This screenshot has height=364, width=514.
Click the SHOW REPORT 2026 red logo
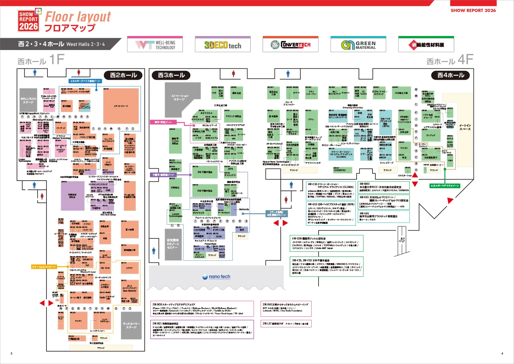point(29,21)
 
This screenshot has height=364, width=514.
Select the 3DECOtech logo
point(222,45)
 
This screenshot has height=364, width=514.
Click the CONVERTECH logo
point(290,45)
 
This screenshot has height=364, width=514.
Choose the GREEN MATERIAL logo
point(358,45)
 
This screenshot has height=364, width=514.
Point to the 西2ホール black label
point(123,75)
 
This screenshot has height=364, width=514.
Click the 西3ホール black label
point(171,75)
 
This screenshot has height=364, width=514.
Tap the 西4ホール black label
point(451,75)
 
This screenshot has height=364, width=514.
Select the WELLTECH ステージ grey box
point(29,100)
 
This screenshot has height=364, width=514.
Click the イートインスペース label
point(465,127)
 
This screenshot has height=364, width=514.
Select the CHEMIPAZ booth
point(340,170)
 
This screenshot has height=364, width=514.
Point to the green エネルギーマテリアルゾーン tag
point(445,186)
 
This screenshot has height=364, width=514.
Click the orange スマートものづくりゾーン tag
point(44,267)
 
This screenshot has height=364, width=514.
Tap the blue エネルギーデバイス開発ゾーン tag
point(85,81)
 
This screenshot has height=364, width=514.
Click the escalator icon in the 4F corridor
point(402,240)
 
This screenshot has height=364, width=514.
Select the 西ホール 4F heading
point(450,60)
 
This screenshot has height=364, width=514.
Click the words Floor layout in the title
point(78,17)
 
